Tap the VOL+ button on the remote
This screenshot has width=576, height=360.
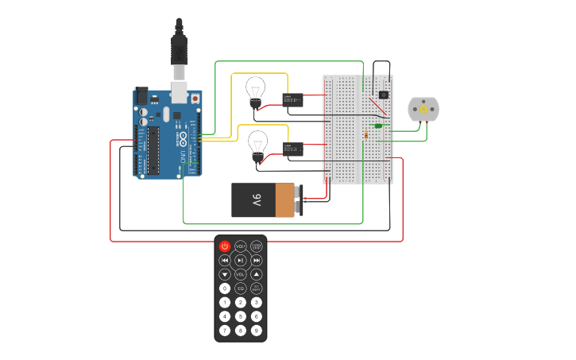[241, 246]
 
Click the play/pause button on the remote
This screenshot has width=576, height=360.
[241, 260]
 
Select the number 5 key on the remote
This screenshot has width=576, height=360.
[241, 316]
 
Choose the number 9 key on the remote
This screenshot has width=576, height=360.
[257, 330]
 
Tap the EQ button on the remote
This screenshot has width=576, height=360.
[241, 288]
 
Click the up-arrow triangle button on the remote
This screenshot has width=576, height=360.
[257, 274]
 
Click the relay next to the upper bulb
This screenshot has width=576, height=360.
[292, 99]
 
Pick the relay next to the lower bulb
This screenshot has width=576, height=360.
[293, 149]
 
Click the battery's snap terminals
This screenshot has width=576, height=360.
[299, 200]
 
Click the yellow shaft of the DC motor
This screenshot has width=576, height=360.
[423, 109]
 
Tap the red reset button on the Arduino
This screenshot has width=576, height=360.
[195, 98]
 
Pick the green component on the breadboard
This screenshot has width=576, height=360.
[378, 126]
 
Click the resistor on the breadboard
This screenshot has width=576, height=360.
[365, 135]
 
